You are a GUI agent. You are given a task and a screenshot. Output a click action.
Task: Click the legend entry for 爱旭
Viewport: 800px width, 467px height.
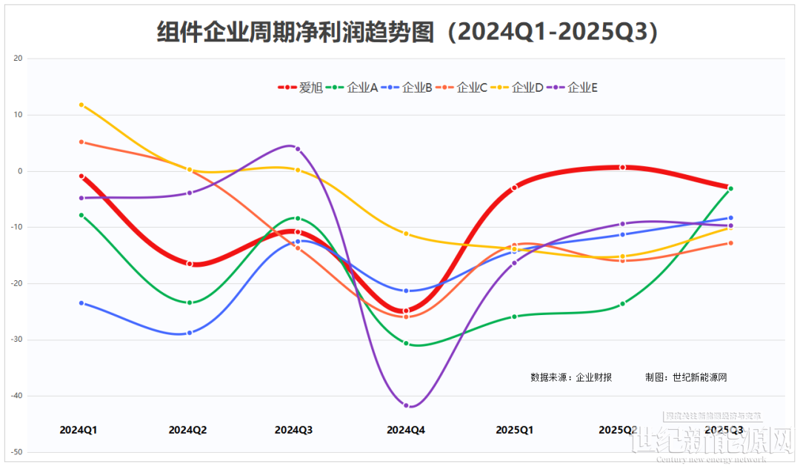click(x=301, y=87)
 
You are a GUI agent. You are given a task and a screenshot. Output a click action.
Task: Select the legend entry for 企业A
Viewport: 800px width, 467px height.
click(x=355, y=87)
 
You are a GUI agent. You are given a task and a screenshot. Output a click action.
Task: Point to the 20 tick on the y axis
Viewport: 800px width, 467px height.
click(x=19, y=59)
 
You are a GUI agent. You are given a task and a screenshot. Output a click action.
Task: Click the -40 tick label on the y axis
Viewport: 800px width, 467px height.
click(x=17, y=396)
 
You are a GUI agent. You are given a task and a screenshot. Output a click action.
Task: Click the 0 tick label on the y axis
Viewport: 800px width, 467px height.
click(x=20, y=171)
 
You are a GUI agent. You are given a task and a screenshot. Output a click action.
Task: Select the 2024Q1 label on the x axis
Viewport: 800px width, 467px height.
click(x=79, y=429)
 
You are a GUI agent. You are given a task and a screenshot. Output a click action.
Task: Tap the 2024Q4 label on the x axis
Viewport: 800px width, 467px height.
click(x=406, y=429)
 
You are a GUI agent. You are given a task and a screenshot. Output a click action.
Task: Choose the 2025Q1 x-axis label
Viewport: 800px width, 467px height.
click(x=515, y=429)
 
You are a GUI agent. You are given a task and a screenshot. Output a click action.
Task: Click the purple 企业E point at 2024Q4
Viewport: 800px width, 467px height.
click(x=406, y=405)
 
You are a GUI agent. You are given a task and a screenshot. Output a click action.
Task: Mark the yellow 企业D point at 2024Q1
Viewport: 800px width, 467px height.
click(x=81, y=105)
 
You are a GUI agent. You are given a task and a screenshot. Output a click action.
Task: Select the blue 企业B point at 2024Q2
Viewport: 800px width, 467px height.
click(x=190, y=333)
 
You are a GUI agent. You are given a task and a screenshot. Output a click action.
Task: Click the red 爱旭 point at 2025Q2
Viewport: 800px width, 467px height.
click(x=623, y=168)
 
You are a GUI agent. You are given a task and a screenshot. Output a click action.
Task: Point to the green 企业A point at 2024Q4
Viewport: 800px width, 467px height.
click(x=406, y=343)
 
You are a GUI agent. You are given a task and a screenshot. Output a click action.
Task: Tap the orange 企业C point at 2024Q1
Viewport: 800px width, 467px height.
click(x=81, y=142)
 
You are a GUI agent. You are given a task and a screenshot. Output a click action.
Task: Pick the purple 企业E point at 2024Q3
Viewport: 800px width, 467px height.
click(x=298, y=149)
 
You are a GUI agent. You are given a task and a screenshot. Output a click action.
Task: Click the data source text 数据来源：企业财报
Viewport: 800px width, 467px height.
click(x=571, y=377)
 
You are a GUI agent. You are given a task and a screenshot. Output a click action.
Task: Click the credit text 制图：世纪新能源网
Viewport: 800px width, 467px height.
click(x=686, y=377)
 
